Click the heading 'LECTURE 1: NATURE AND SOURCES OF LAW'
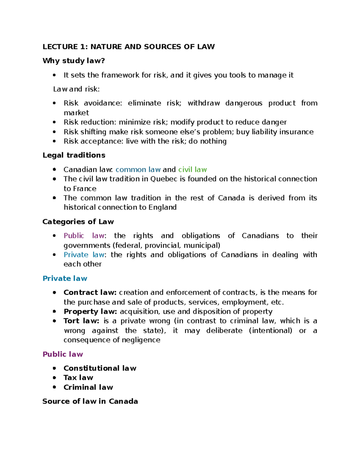pos(128,47)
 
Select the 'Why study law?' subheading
pos(73,61)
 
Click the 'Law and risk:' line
pos(76,89)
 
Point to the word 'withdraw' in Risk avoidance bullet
pos(204,103)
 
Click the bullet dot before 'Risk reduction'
pos(54,122)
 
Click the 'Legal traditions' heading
pos(74,155)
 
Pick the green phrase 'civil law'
pos(192,170)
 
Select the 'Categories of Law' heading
pos(78,222)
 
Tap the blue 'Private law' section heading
pos(65,278)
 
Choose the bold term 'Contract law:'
pos(90,293)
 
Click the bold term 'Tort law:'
pos(81,321)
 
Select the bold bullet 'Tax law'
pos(78,378)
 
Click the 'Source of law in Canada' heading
pos(90,401)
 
